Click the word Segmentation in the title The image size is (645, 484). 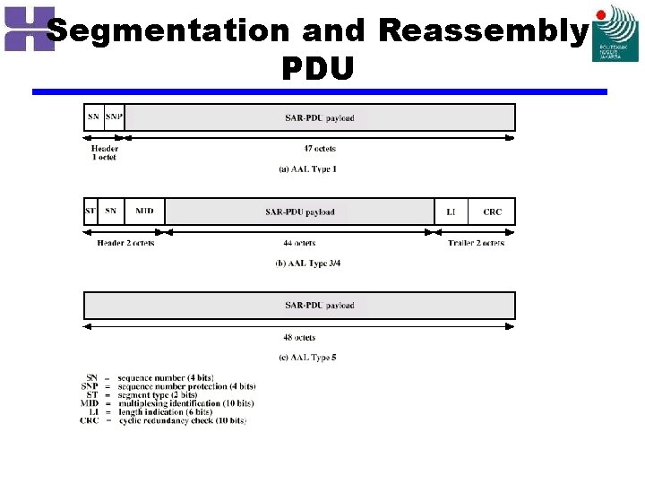pyautogui.click(x=168, y=31)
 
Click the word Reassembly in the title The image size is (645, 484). pyautogui.click(x=482, y=31)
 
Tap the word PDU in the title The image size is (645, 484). pyautogui.click(x=318, y=67)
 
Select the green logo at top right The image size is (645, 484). pyautogui.click(x=615, y=33)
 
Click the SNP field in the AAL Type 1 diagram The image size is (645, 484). pyautogui.click(x=114, y=117)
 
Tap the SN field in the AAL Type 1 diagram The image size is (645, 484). pyautogui.click(x=93, y=117)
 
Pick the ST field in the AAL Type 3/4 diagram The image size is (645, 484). pyautogui.click(x=90, y=212)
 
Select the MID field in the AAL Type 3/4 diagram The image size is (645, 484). pyautogui.click(x=144, y=212)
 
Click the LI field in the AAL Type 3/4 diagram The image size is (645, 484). pyautogui.click(x=451, y=212)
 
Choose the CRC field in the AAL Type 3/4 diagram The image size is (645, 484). pyautogui.click(x=492, y=212)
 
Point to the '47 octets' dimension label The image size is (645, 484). pyautogui.click(x=320, y=149)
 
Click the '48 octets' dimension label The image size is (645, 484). pyautogui.click(x=299, y=338)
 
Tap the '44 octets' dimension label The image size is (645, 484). pyautogui.click(x=299, y=243)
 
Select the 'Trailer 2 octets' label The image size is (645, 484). pyautogui.click(x=476, y=243)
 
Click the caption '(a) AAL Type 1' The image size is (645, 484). pyautogui.click(x=308, y=169)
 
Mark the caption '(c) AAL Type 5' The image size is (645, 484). pyautogui.click(x=308, y=358)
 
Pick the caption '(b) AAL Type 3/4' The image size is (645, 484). pyautogui.click(x=308, y=264)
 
